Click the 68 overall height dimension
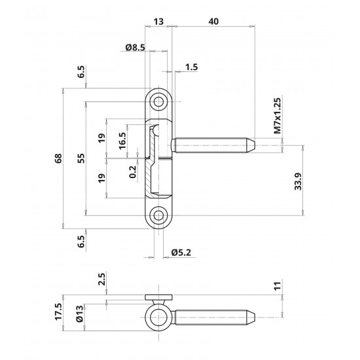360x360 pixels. [x=58, y=158]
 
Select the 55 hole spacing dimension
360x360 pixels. [x=81, y=158]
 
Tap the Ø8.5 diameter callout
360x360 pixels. [x=135, y=48]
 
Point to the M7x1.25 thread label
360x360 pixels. [x=278, y=116]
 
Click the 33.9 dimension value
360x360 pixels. [x=298, y=181]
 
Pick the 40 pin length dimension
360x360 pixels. [x=213, y=22]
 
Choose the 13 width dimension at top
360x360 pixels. [x=158, y=22]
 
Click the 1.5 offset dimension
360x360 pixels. [x=192, y=67]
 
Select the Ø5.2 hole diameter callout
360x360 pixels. [x=181, y=253]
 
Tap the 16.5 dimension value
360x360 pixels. [x=122, y=141]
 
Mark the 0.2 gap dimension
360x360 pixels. [x=132, y=172]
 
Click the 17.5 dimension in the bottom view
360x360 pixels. [x=58, y=312]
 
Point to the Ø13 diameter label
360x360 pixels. [x=80, y=314]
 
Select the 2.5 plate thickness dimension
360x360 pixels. [x=101, y=279]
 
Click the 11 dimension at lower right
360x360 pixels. [x=278, y=285]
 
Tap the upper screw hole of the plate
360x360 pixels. [x=158, y=101]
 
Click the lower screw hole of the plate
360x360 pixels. [x=158, y=215]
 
